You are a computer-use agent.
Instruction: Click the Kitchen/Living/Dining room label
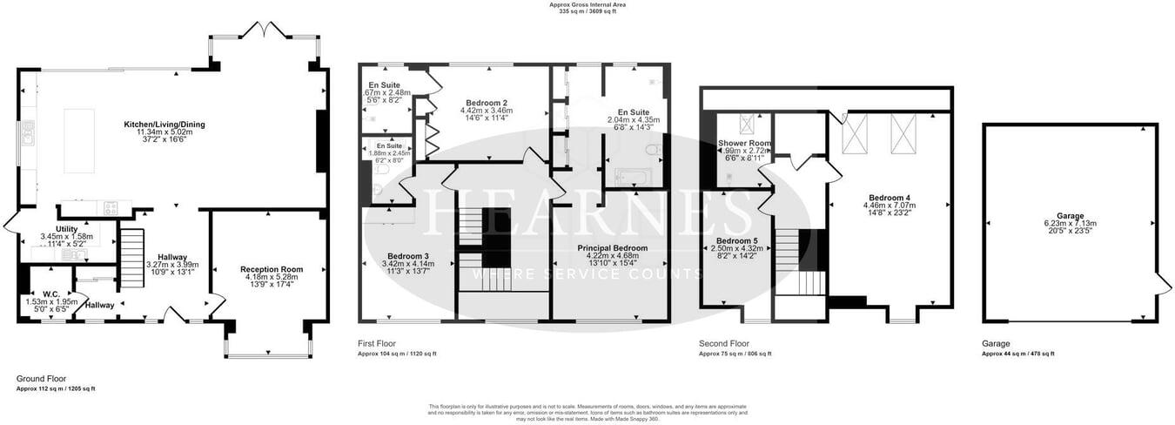point(164,125)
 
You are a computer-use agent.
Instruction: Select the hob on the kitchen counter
point(111,207)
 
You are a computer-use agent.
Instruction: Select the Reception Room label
point(272,270)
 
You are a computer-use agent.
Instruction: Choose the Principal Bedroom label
point(613,248)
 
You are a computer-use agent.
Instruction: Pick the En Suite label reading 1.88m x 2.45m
point(390,145)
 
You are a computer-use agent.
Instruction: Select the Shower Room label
point(744,143)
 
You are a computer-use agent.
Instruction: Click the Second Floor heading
point(724,343)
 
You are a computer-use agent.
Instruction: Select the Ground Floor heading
point(42,379)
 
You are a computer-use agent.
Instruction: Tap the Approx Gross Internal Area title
point(587,4)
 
